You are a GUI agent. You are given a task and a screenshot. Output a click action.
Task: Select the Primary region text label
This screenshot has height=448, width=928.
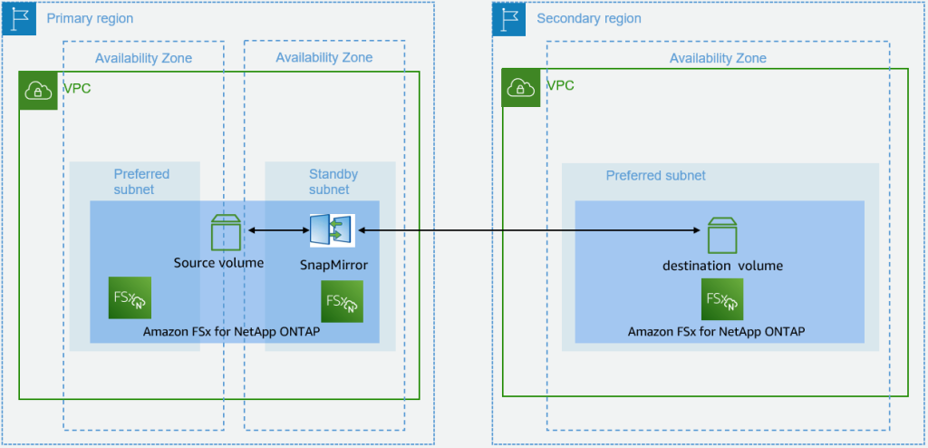(89, 19)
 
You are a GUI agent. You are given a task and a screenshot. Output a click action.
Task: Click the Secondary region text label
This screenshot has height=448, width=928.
(588, 19)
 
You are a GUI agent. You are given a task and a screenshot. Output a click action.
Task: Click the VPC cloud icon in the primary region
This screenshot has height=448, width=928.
(37, 88)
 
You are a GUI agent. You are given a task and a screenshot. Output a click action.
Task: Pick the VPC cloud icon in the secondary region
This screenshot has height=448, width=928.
(521, 88)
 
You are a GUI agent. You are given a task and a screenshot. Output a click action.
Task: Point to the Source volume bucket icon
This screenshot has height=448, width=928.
(225, 232)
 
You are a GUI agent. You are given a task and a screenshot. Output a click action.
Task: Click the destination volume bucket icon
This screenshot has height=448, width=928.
(722, 235)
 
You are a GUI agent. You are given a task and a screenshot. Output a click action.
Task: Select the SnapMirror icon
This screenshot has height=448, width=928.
(332, 231)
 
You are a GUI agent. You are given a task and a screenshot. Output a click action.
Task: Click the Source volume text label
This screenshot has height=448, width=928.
(218, 263)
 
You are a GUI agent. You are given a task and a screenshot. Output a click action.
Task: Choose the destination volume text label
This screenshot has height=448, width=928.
(722, 266)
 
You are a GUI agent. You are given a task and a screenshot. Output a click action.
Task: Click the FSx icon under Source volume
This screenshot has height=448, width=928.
(129, 297)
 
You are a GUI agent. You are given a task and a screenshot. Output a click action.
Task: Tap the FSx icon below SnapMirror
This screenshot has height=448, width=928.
(342, 301)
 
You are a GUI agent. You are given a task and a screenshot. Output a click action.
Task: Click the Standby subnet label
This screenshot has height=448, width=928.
(333, 181)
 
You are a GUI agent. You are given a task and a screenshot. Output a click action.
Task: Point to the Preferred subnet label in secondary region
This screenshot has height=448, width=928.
(655, 176)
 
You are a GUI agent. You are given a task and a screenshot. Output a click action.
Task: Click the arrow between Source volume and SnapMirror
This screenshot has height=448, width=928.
(276, 231)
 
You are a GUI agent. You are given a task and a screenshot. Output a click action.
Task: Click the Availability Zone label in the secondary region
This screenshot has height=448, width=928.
(717, 58)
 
